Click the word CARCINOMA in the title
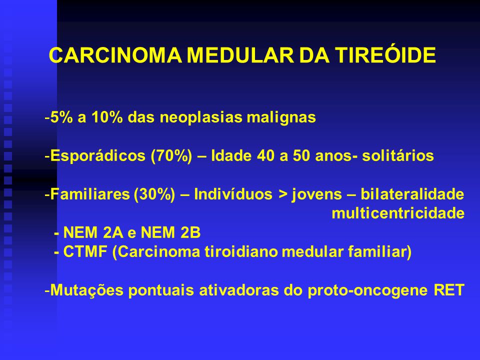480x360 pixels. tap(115, 55)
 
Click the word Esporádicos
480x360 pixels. tap(97, 156)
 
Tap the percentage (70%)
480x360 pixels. tap(171, 156)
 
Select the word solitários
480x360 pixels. tap(398, 155)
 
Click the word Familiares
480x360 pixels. tap(89, 194)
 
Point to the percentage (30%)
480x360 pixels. tap(154, 194)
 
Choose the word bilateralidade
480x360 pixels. tap(412, 194)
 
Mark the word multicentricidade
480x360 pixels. tap(398, 213)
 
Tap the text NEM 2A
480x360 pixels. tap(93, 232)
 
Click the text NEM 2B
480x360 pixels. tap(170, 232)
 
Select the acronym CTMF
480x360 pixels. tap(85, 252)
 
